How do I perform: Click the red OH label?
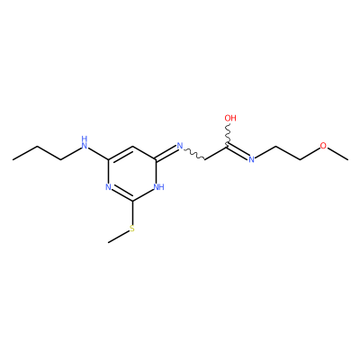point(230,118)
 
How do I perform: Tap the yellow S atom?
point(132,229)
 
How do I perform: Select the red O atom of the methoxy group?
point(323,146)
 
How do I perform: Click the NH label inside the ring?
point(159,187)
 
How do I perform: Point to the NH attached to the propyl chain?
point(85,143)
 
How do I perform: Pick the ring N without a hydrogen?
point(108,187)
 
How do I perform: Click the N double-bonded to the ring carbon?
point(180,146)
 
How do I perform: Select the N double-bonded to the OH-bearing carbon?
point(251,159)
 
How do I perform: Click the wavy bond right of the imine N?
point(194,154)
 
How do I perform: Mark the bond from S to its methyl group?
point(119,237)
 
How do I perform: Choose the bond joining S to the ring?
point(132,213)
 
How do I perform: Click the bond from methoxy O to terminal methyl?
point(337,154)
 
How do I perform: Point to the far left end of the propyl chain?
point(13,159)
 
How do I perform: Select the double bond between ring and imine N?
point(166,152)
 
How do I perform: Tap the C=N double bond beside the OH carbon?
point(238,151)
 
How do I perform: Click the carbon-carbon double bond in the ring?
point(121,153)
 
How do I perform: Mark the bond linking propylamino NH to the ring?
point(98,154)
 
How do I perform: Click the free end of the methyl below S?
point(108,242)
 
